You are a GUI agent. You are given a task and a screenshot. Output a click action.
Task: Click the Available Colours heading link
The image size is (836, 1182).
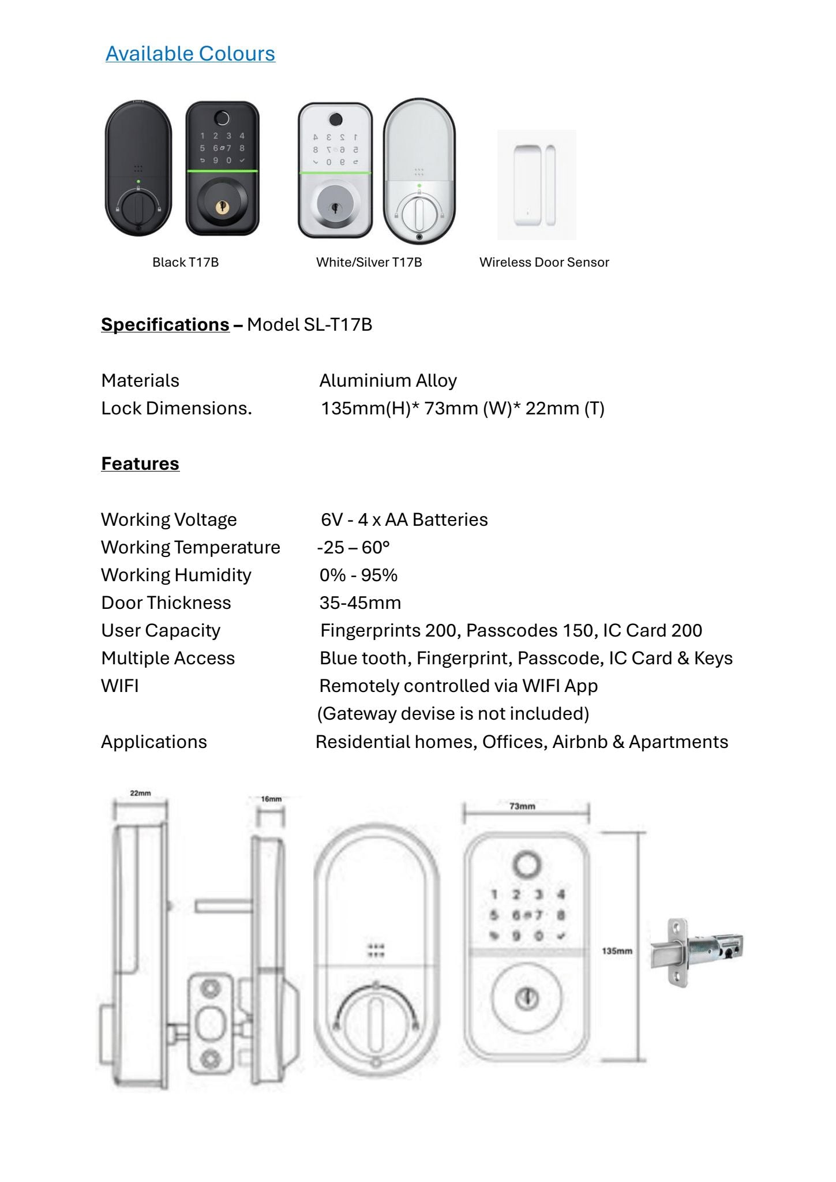coord(190,54)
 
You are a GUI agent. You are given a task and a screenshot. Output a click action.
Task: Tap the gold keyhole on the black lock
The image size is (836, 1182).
coord(222,205)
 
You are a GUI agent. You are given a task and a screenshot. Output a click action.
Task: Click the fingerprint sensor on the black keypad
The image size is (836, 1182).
coord(222,118)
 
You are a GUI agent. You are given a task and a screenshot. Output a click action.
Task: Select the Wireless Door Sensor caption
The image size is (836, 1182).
coord(544,262)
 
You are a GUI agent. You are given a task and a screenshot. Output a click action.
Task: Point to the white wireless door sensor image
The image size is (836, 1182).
coord(537,185)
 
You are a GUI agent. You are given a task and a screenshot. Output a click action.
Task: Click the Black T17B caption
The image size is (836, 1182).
coord(185,262)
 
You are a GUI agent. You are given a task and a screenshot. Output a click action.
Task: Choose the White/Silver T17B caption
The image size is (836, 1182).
coord(369,262)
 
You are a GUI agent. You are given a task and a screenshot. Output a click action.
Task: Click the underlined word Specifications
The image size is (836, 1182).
coord(165,324)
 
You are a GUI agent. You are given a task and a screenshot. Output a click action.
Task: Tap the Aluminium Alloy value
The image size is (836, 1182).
coord(388,380)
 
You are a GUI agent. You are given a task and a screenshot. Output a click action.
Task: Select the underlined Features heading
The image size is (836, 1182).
coord(140,463)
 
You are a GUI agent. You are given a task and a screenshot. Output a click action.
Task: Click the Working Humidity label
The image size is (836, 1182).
coord(176,575)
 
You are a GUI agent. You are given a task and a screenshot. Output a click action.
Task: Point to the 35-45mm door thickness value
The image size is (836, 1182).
coord(360,603)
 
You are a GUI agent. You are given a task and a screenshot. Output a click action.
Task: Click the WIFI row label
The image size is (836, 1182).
coord(120,686)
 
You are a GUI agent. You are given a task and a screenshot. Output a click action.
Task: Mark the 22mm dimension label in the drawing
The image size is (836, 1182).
coord(140,793)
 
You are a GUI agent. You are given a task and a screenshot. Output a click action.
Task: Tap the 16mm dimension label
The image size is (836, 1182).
coord(271,799)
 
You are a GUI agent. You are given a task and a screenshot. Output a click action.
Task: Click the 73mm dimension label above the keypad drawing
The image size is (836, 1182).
coord(522,806)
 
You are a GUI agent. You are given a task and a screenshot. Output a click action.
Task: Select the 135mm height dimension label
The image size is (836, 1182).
coord(617,951)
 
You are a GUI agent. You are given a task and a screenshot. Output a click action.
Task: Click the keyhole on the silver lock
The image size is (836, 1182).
coord(335,207)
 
